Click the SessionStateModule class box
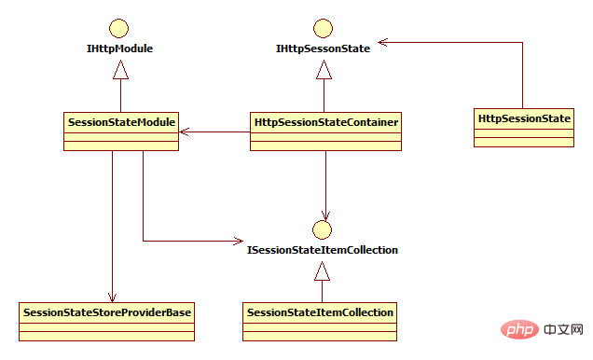tap(121, 131)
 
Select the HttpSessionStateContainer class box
tap(325, 131)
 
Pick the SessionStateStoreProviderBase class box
tap(107, 318)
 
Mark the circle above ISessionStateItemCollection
tap(322, 228)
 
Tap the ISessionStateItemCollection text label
tap(322, 250)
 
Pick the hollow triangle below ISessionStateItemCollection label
tap(322, 271)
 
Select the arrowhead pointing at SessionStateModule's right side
tap(184, 131)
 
